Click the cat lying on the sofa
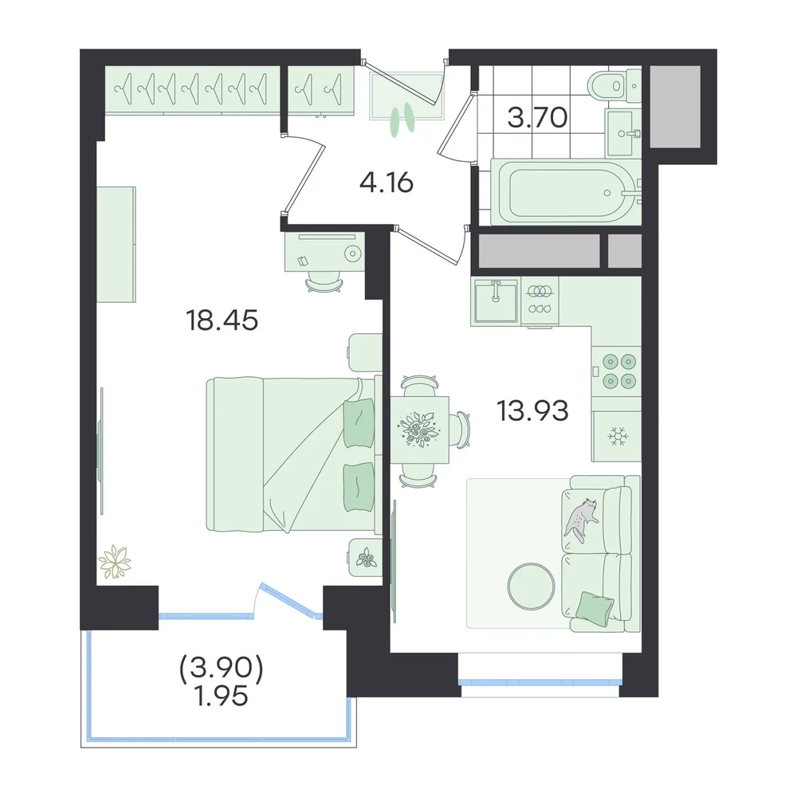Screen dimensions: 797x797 [582, 520]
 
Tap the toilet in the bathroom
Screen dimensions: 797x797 [614, 85]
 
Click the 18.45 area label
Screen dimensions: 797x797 [222, 320]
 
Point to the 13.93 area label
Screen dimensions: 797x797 [532, 410]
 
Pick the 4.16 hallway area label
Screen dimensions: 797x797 [387, 183]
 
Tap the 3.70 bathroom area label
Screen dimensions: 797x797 [537, 117]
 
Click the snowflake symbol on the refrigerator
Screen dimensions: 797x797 [618, 436]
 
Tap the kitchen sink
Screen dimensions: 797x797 [495, 300]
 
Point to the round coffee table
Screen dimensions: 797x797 [531, 587]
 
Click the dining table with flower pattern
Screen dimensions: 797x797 [419, 430]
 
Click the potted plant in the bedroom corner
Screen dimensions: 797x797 [115, 562]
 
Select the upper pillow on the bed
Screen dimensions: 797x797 [359, 423]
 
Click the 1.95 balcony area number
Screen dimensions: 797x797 [222, 695]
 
